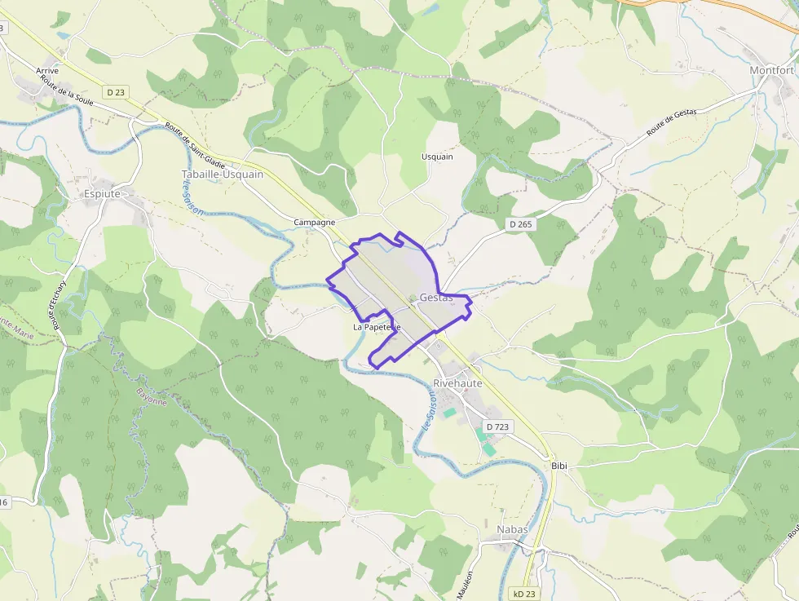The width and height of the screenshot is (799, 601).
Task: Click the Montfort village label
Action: point(771,71)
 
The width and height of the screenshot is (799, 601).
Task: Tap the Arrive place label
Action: point(47,71)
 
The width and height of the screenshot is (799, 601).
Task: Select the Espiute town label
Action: point(102,194)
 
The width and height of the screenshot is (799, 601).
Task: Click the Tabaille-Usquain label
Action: point(222,175)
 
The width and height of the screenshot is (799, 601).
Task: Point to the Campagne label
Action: point(315,222)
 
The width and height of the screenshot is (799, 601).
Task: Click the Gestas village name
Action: point(436,298)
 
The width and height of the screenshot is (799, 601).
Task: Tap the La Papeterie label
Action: point(377,327)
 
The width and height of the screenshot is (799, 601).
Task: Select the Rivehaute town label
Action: point(457,382)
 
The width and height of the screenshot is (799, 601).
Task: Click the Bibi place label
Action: point(558,466)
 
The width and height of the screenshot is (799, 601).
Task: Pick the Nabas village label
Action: point(512,529)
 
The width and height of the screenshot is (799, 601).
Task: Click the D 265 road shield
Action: point(519,223)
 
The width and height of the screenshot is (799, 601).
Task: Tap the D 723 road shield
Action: point(497,426)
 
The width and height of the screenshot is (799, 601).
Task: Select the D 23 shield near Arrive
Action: point(115,92)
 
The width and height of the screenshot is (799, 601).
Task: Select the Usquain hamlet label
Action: point(437,157)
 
